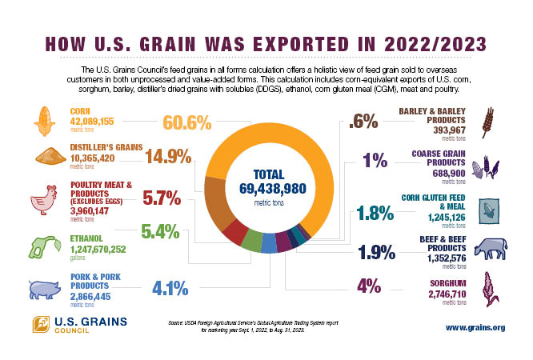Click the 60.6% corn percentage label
click(x=186, y=123)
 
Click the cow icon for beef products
click(x=488, y=249)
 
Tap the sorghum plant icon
click(x=487, y=287)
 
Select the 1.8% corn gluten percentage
click(x=375, y=212)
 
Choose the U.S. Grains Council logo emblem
click(x=41, y=325)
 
